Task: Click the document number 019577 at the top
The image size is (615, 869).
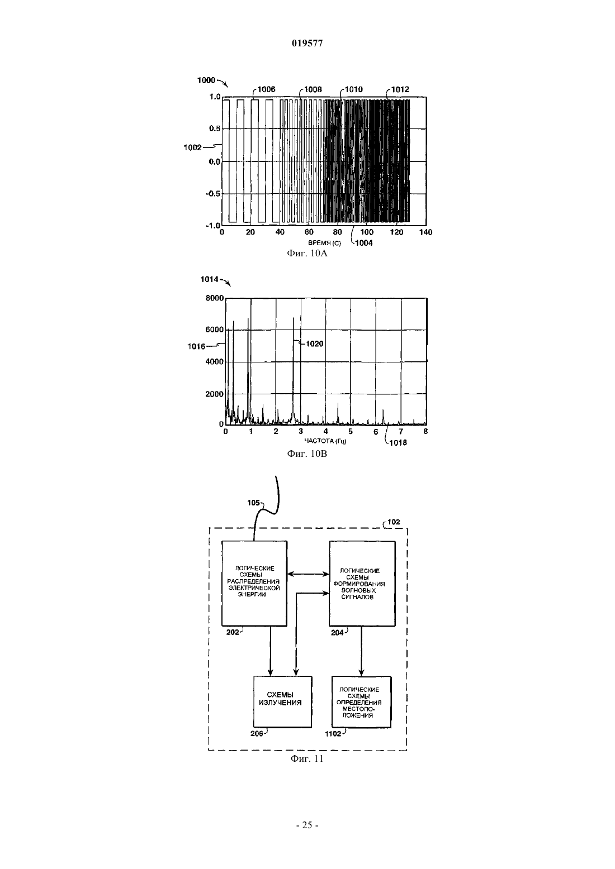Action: click(307, 43)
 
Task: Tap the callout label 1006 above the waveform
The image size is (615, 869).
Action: click(266, 89)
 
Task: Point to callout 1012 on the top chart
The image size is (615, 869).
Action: click(400, 89)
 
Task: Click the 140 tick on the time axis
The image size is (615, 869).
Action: click(426, 232)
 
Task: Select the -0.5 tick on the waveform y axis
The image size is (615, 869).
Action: click(214, 194)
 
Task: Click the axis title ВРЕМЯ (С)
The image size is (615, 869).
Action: click(325, 243)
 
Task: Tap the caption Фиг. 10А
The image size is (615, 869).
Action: click(307, 254)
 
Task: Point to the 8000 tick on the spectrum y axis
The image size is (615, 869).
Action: click(215, 298)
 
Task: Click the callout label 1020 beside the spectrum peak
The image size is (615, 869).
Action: click(314, 343)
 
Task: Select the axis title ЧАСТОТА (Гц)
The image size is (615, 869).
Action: click(325, 441)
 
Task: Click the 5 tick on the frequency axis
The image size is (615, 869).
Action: click(351, 431)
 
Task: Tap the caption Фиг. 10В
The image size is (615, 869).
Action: click(307, 453)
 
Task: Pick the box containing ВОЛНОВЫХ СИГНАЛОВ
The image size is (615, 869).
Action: click(362, 584)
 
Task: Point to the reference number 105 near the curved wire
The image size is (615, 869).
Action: click(253, 503)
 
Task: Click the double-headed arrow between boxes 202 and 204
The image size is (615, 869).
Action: click(308, 574)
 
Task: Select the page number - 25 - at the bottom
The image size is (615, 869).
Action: click(307, 825)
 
